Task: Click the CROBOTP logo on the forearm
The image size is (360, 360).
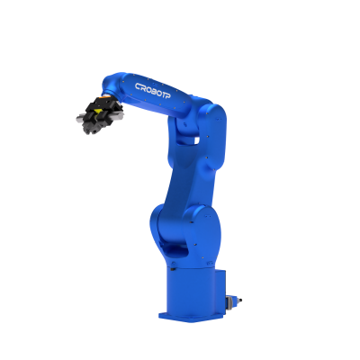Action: tap(153, 91)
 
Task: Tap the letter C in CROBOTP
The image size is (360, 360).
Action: tap(138, 86)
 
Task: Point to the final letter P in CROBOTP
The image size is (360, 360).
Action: tap(168, 95)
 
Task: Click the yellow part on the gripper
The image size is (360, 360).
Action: tap(97, 112)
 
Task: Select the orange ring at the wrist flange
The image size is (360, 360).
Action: tap(105, 96)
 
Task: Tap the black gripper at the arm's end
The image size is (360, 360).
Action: tap(99, 114)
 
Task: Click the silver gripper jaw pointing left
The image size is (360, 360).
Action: tap(82, 118)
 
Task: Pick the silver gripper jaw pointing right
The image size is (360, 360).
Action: tap(118, 116)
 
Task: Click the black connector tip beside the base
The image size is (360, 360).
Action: tap(239, 300)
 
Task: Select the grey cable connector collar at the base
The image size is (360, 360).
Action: tap(230, 301)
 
